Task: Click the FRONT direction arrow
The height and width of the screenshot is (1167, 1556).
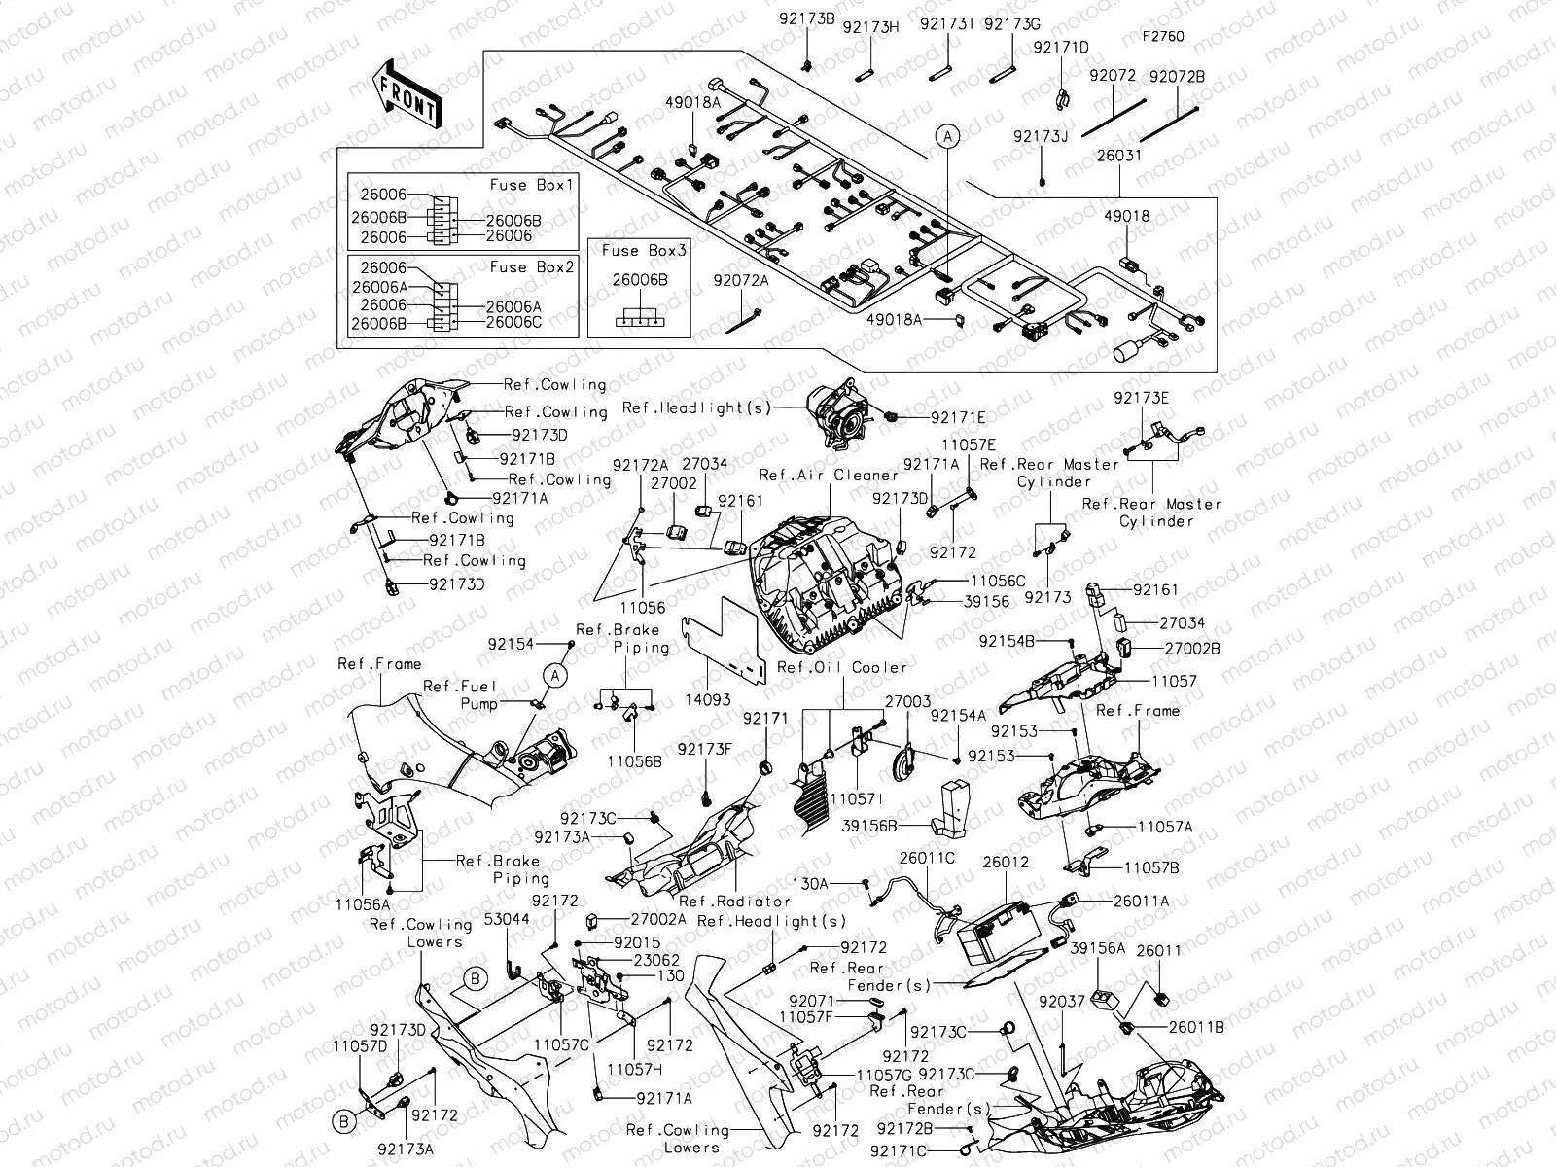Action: click(407, 93)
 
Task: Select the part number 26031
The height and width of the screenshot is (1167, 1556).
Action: click(1118, 156)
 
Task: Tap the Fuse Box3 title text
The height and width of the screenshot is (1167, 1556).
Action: click(644, 251)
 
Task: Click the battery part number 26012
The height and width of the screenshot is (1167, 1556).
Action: click(1005, 863)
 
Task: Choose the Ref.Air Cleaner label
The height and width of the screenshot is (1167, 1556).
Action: click(829, 476)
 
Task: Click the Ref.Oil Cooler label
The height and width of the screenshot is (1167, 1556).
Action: click(842, 667)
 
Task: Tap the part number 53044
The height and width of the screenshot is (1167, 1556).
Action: click(508, 919)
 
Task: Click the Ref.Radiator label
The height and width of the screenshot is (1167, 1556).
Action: click(721, 902)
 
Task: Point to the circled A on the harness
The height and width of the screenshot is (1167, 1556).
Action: click(947, 137)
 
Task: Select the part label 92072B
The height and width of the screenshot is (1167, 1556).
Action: click(1177, 76)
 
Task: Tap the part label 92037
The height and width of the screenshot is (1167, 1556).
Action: click(1061, 1001)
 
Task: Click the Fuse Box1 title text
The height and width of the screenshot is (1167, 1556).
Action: click(533, 185)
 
